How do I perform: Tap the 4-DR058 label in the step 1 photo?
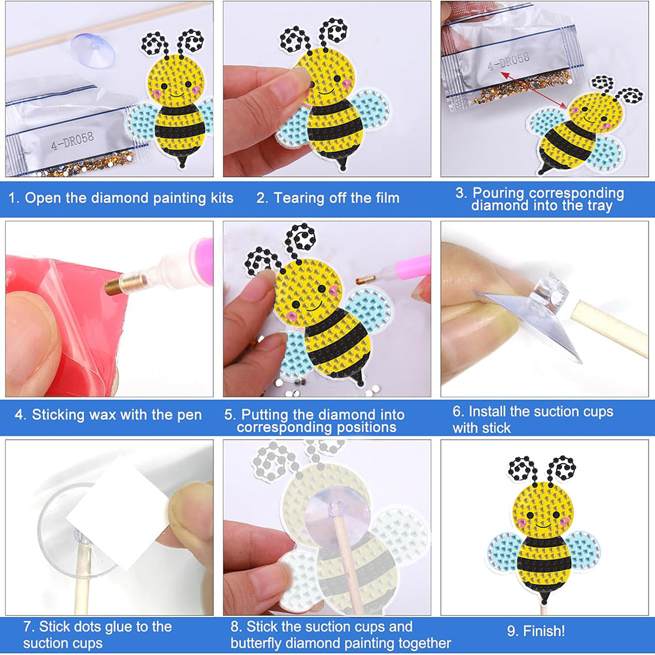[72, 141]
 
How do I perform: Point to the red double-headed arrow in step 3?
[533, 91]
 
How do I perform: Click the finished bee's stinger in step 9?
[543, 598]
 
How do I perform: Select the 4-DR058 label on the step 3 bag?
[508, 62]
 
